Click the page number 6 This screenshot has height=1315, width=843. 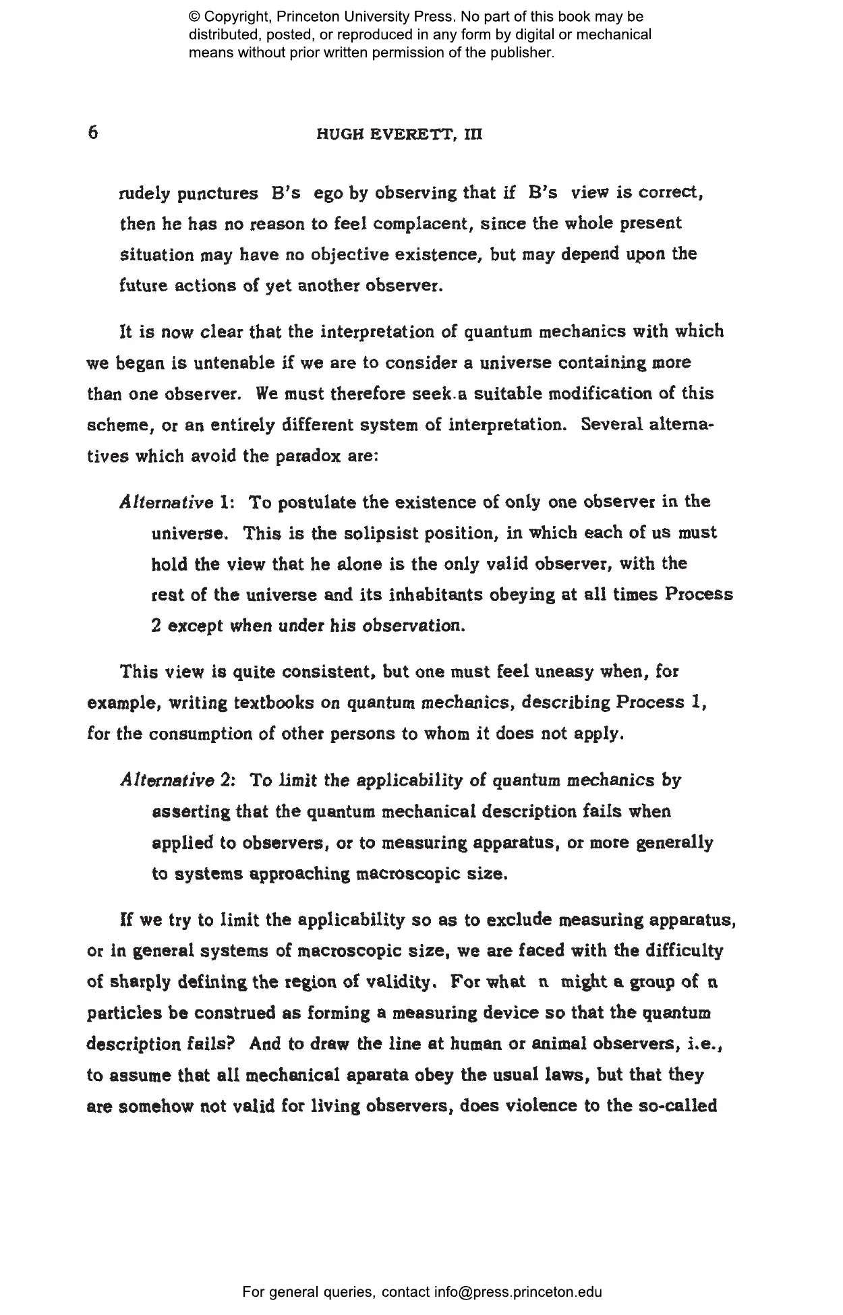click(93, 131)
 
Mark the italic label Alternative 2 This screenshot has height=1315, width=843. click(177, 781)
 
